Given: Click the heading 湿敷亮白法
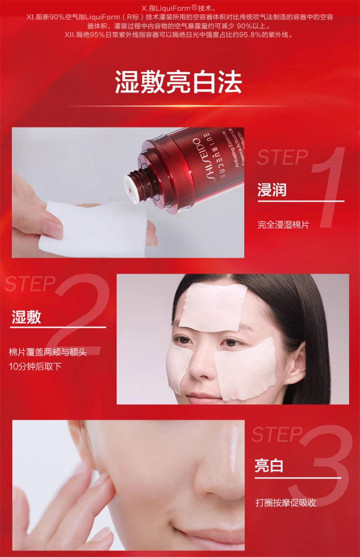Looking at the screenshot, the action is [x=178, y=83].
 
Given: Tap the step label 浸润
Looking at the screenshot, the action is [x=272, y=190].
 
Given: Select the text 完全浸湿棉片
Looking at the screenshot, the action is [x=283, y=225].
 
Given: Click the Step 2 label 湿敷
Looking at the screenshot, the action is [x=26, y=317].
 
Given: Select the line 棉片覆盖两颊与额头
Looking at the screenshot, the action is [x=48, y=352].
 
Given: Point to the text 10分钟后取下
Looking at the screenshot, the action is [x=35, y=366].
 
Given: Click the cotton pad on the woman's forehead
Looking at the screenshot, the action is [x=214, y=308].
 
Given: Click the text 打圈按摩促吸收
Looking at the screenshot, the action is [x=286, y=503].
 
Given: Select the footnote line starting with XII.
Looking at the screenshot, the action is [x=179, y=35].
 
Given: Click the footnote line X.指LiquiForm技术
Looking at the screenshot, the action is [x=179, y=8].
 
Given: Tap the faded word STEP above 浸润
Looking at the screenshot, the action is [x=283, y=157].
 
